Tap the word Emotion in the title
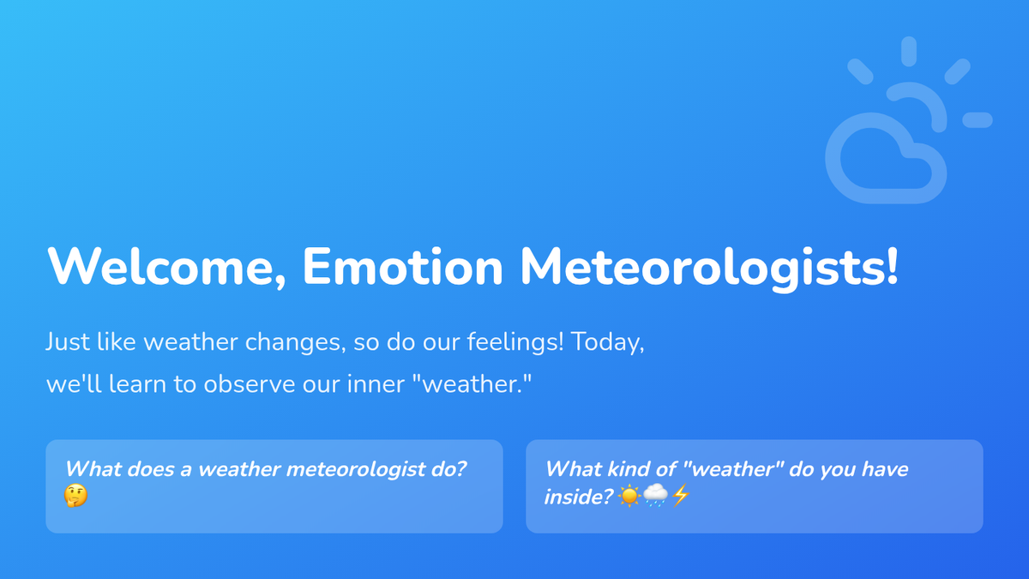403,267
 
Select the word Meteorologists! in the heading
709,269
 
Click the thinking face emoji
75,496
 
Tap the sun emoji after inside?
629,497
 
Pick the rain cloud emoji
655,496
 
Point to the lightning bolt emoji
681,496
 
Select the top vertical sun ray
909,51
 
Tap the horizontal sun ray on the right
978,120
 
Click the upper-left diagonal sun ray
860,72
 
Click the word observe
250,383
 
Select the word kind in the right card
629,469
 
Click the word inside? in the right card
579,498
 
